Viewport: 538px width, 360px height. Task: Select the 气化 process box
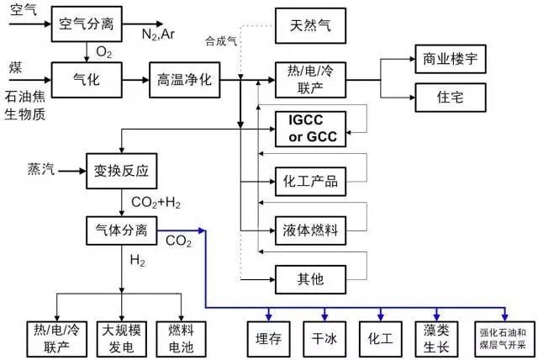(x=87, y=80)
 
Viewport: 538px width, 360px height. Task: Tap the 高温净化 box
(x=184, y=80)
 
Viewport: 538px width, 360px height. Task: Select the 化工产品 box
(x=310, y=181)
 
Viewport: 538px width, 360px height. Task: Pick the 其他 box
(x=310, y=278)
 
